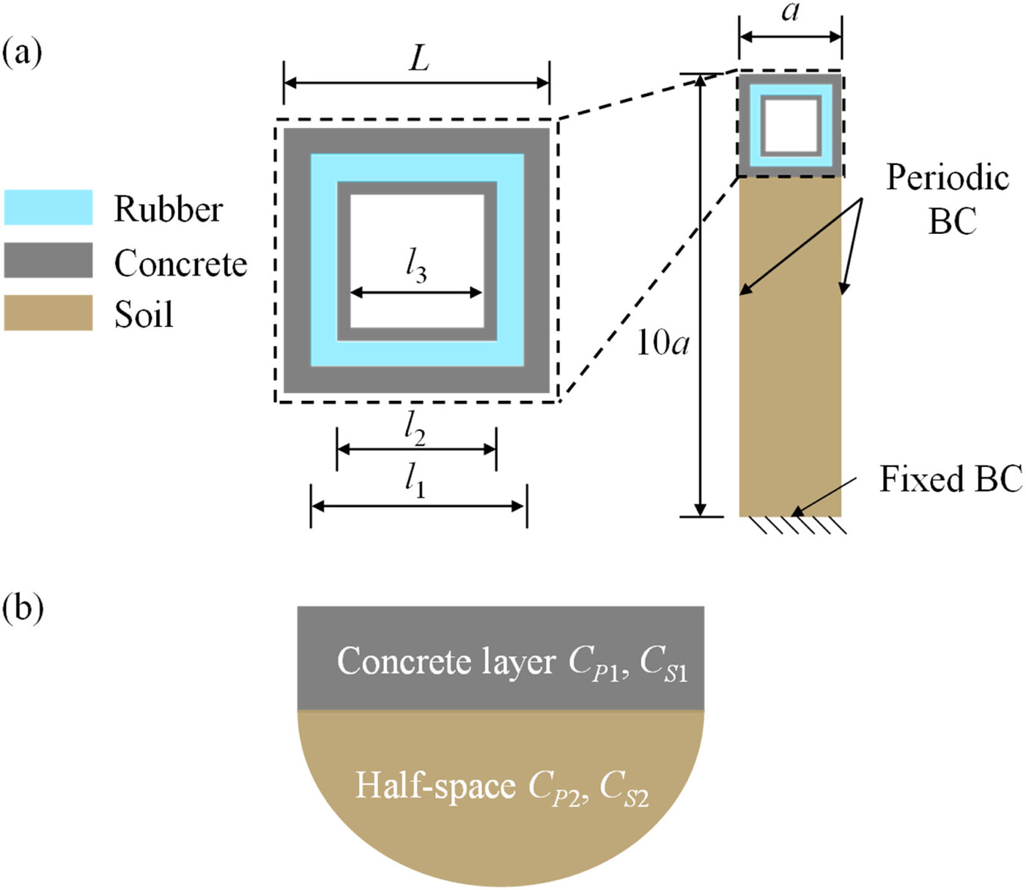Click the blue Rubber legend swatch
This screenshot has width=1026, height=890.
(x=48, y=207)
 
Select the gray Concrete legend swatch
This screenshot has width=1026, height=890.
(x=48, y=260)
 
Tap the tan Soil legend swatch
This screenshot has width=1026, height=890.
(x=48, y=313)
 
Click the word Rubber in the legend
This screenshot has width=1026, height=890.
(x=168, y=209)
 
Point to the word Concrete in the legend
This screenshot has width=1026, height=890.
(x=180, y=263)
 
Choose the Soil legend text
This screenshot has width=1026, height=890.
(x=144, y=315)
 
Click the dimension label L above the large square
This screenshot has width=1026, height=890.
(x=418, y=58)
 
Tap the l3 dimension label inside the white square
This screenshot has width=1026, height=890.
(x=416, y=265)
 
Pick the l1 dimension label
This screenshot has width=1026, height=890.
(x=415, y=482)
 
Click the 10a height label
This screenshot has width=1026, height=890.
(x=662, y=342)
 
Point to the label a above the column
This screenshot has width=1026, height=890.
(x=790, y=12)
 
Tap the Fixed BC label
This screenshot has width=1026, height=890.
(x=951, y=479)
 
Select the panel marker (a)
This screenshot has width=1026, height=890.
(x=23, y=53)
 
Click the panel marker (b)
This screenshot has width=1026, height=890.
(x=23, y=607)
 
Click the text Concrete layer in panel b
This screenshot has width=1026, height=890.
(x=446, y=661)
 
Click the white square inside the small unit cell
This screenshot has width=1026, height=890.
(x=790, y=125)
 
